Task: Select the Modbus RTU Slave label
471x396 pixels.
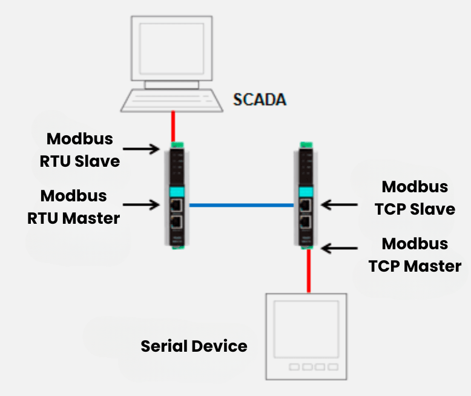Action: pyautogui.click(x=80, y=150)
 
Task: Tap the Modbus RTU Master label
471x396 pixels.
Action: pyautogui.click(x=73, y=207)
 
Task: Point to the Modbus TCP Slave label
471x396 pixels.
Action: pyautogui.click(x=415, y=198)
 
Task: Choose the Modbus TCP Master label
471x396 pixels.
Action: pyautogui.click(x=415, y=255)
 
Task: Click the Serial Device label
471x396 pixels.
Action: pyautogui.click(x=194, y=346)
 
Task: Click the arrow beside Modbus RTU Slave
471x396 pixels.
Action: pyautogui.click(x=141, y=148)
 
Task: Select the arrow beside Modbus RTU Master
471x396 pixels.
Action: pyautogui.click(x=142, y=205)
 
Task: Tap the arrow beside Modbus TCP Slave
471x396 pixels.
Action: pyautogui.click(x=339, y=204)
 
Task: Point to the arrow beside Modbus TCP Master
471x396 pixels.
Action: pyautogui.click(x=339, y=248)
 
